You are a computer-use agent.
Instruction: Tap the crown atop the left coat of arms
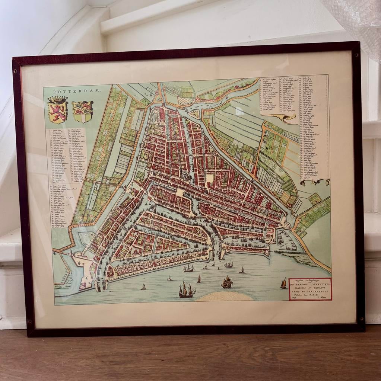58,100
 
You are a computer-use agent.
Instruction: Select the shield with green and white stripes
83,112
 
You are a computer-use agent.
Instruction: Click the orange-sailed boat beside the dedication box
283,284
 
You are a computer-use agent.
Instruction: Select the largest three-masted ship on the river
186,289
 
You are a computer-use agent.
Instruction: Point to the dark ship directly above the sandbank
227,282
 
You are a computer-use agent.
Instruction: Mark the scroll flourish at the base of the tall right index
315,182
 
